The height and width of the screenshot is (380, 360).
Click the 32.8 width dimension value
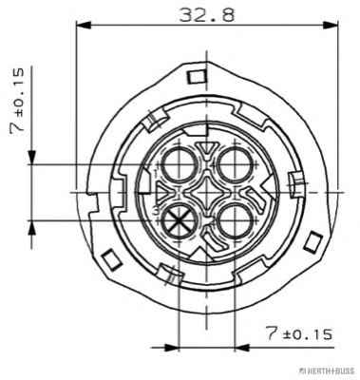207,15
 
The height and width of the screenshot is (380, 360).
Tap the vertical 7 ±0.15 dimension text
17,102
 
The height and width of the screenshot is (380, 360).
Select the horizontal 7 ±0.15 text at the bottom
299,333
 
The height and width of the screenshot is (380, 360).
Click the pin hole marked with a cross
180,220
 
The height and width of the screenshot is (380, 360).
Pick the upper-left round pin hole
180,164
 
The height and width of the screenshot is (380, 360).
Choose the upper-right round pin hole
235,164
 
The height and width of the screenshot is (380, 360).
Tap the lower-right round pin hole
235,220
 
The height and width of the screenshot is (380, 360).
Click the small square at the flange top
197,77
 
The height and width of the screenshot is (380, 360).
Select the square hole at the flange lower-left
111,259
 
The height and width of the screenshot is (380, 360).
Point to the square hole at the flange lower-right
313,242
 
